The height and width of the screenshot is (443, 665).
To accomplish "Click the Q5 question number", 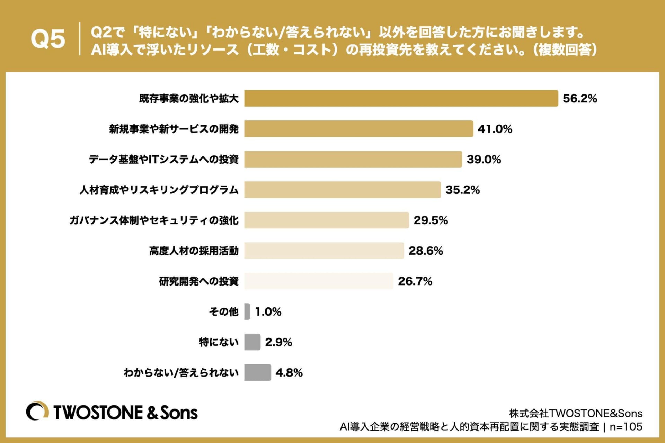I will coord(48,39).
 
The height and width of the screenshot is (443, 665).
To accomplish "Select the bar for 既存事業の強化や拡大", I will coord(401,98).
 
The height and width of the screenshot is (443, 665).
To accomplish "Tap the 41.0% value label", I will coord(495,129).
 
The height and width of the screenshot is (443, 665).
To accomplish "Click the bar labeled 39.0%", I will coord(353,159).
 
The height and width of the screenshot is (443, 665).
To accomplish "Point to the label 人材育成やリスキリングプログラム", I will coord(159,190).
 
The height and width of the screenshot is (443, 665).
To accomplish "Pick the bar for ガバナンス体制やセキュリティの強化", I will coord(326,220).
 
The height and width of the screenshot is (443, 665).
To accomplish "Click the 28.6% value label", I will coord(426,251).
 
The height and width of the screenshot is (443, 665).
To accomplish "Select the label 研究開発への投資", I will coord(199,281).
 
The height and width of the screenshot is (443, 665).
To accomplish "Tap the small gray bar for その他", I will coord(247,311).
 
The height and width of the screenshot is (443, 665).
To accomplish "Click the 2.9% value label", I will coord(278,342).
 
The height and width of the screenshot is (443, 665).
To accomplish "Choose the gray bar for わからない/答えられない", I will coord(257,372).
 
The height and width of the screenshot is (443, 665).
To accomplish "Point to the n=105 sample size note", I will coord(626,427).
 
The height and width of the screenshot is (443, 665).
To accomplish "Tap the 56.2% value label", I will coord(580,99).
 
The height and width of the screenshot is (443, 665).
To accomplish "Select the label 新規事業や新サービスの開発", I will coord(174,129).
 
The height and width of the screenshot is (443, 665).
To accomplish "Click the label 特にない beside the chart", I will coord(219,342).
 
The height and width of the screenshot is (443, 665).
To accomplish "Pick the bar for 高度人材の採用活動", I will coord(324,251).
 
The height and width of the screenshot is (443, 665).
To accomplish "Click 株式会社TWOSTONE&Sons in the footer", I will coord(576,413).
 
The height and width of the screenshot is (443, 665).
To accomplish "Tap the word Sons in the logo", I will coord(179,413).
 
